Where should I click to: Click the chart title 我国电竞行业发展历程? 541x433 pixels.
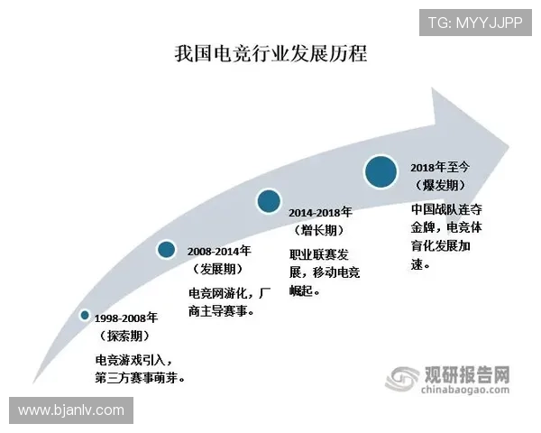(271, 53)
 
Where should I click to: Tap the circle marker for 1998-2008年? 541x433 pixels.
(85, 315)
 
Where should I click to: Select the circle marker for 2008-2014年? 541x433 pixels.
(166, 249)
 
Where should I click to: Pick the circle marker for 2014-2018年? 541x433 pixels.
(268, 201)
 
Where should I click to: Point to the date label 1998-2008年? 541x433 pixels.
(125, 318)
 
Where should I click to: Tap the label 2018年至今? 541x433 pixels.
(443, 167)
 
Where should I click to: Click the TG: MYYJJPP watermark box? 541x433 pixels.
(474, 22)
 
